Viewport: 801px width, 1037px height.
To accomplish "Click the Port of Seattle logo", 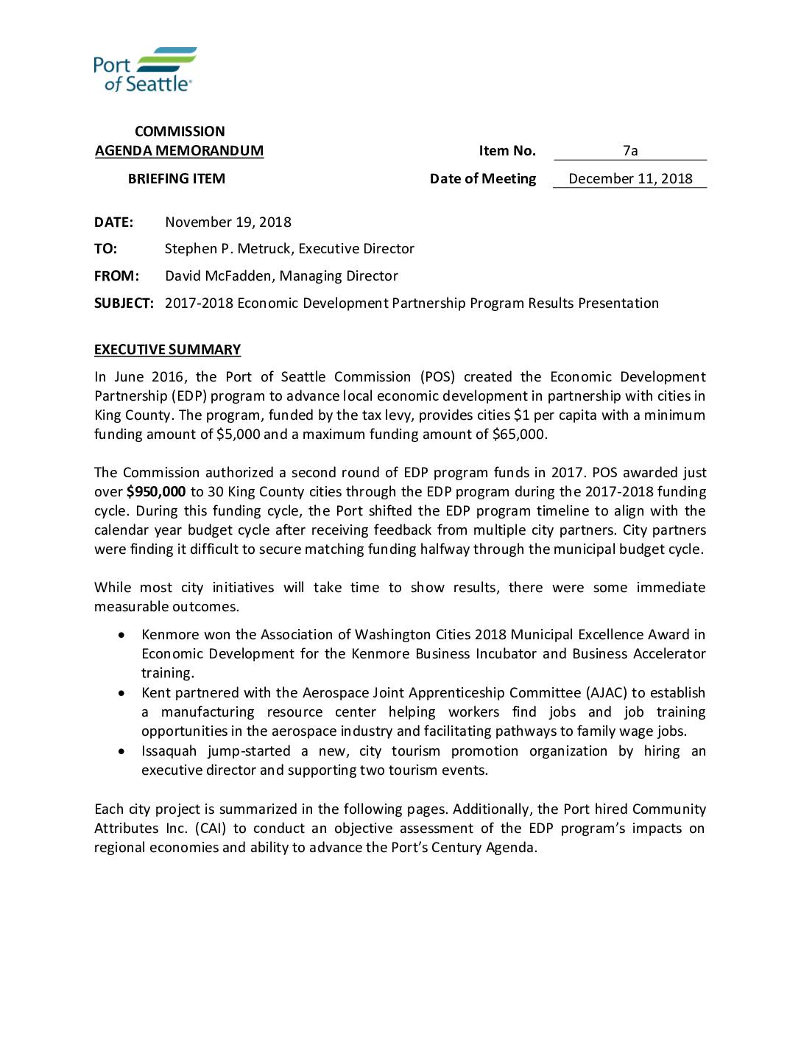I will pyautogui.click(x=145, y=70).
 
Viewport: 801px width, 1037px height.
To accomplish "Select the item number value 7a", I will pyautogui.click(x=630, y=151).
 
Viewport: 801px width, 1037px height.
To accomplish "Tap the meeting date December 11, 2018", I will pyautogui.click(x=630, y=179).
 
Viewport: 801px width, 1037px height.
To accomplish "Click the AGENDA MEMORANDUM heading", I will pyautogui.click(x=179, y=151).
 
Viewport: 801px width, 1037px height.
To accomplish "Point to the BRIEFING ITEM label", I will pyautogui.click(x=177, y=179).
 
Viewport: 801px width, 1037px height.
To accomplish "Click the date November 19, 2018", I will pyautogui.click(x=228, y=222).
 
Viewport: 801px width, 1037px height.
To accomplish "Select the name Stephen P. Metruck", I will pyautogui.click(x=227, y=249).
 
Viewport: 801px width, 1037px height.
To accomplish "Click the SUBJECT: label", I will pyautogui.click(x=124, y=303).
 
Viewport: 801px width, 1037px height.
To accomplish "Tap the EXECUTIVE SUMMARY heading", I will pyautogui.click(x=167, y=350).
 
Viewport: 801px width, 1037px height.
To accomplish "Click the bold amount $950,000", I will pyautogui.click(x=156, y=492).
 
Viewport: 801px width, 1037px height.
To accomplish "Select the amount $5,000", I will pyautogui.click(x=238, y=435).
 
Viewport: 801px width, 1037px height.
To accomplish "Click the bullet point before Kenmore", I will pyautogui.click(x=121, y=635).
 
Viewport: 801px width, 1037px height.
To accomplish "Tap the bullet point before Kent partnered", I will pyautogui.click(x=121, y=693).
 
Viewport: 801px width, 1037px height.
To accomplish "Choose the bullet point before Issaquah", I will pyautogui.click(x=121, y=751).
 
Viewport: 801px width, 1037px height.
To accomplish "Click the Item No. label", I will pyautogui.click(x=507, y=151).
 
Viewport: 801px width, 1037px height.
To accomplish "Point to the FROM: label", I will pyautogui.click(x=116, y=276).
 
